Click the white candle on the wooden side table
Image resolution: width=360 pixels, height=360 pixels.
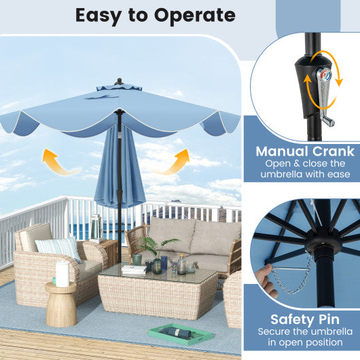[x=62, y=274]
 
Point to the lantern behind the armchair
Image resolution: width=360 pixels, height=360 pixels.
[x=96, y=228]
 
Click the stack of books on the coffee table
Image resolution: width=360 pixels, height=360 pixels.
[x=134, y=269]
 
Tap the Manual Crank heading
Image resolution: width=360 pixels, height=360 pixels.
[x=304, y=151]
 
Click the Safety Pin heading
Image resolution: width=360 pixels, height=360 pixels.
[x=301, y=319]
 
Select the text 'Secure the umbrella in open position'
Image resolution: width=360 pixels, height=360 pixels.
[x=301, y=338]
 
